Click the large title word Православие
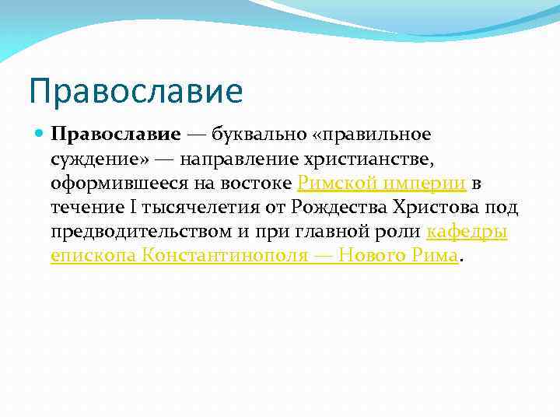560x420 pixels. [x=136, y=90]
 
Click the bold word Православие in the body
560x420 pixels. [x=116, y=134]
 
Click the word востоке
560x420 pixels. [x=262, y=184]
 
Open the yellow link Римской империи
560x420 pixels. [x=382, y=184]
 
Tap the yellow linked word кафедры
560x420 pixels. [x=467, y=233]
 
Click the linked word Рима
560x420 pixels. [x=434, y=257]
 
